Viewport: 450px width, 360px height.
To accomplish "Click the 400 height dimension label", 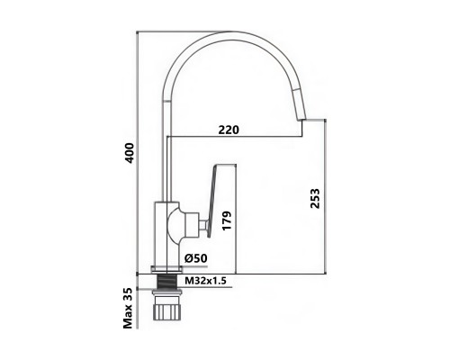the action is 130,153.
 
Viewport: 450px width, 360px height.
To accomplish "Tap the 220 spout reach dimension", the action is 229,130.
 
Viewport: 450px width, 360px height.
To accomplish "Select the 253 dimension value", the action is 315,198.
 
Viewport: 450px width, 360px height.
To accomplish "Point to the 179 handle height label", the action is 228,220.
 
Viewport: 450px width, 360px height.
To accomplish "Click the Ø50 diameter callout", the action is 196,258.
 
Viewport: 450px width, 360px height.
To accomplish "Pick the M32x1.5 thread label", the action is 205,281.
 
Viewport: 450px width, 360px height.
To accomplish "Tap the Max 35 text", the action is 128,308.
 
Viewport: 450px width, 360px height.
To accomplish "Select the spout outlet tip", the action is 300,120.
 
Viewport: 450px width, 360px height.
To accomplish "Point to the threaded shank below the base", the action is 166,282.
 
